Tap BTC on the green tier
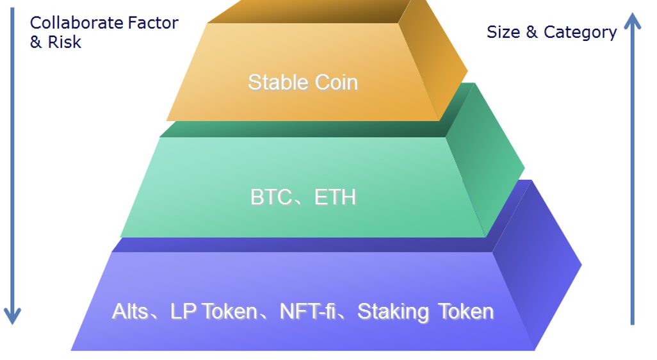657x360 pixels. click(271, 197)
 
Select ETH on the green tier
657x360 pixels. click(335, 197)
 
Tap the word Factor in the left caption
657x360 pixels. click(153, 23)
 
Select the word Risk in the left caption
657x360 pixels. click(65, 42)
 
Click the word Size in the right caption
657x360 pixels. click(503, 32)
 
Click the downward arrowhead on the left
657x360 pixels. click(13, 315)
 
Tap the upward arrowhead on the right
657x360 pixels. click(632, 21)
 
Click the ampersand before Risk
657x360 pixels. click(36, 42)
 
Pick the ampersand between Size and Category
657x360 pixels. click(531, 32)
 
